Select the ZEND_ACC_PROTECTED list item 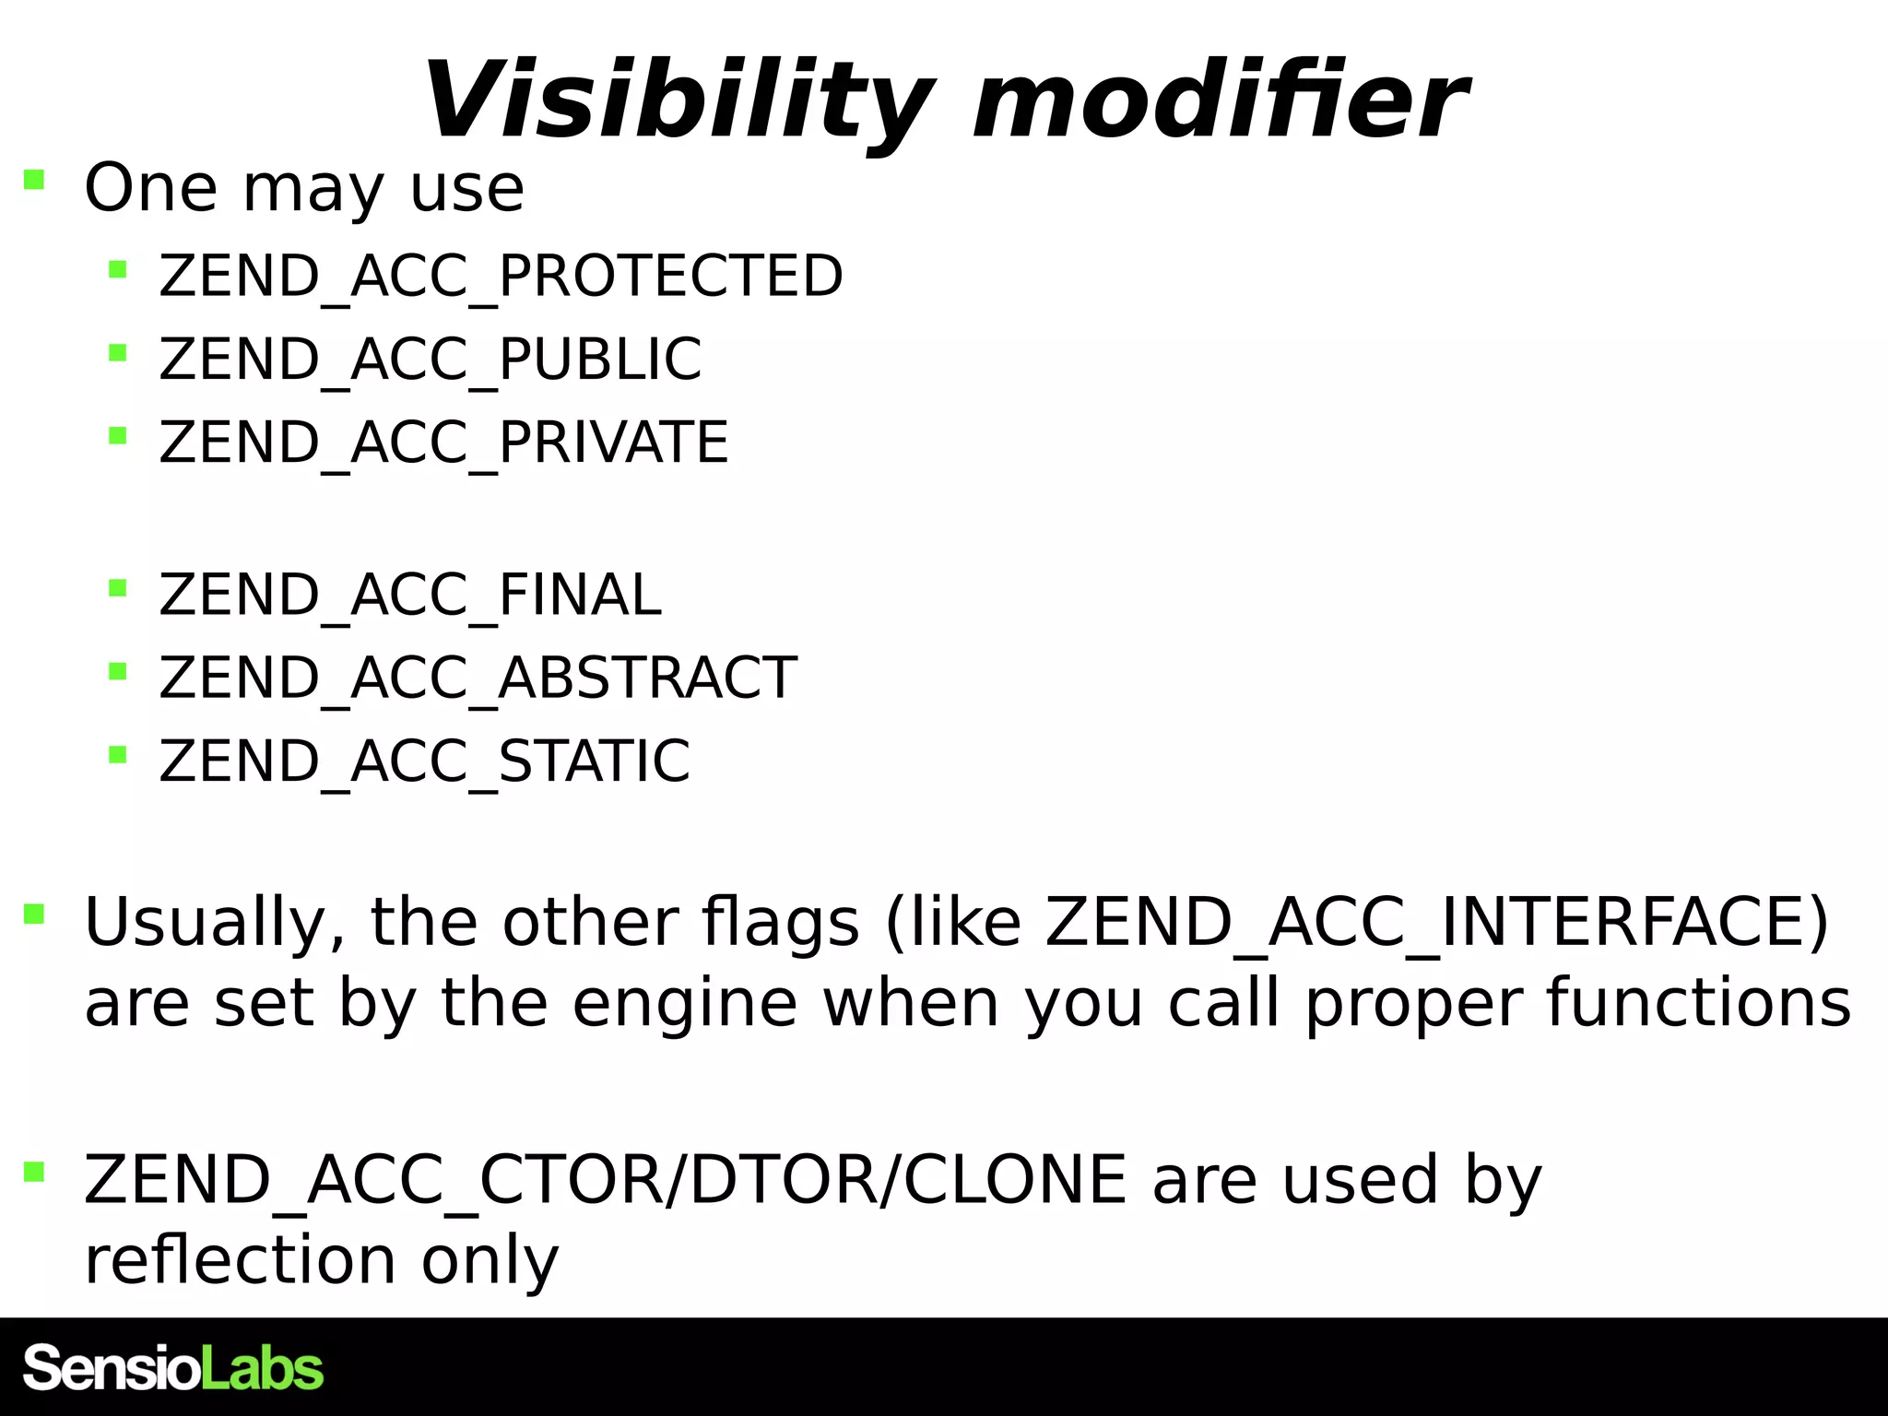[x=501, y=276]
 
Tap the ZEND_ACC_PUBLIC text [x=430, y=359]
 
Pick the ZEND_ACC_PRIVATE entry [x=443, y=442]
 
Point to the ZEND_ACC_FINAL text [x=410, y=595]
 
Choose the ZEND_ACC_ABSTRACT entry [x=478, y=678]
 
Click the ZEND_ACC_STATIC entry [x=424, y=761]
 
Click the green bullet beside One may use [x=34, y=179]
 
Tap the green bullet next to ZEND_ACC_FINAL [x=117, y=587]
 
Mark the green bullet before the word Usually [x=34, y=914]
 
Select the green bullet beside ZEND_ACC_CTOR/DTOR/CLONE [x=34, y=1171]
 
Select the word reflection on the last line [x=240, y=1260]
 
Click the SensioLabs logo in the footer [x=173, y=1368]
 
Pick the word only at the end [x=490, y=1262]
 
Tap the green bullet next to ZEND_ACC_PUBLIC [x=117, y=352]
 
